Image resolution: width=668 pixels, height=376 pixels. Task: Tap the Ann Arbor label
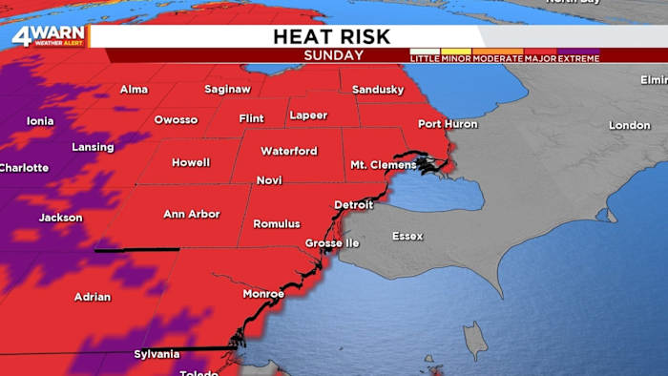point(192,214)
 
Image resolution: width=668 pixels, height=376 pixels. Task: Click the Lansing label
point(93,147)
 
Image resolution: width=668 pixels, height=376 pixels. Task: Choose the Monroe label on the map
point(263,293)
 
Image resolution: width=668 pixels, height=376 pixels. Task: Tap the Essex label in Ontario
point(407,235)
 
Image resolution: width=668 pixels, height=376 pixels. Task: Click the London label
point(629,126)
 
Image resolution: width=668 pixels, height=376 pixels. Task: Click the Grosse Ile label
point(333,243)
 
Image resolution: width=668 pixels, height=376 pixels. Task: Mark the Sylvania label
point(156,354)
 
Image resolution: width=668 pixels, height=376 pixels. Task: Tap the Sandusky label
point(378,90)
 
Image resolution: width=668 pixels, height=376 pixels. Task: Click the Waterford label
point(288,151)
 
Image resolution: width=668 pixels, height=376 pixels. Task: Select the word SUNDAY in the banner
point(333,55)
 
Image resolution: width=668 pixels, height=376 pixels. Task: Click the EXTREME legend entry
point(579,58)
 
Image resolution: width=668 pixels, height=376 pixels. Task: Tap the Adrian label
point(93,297)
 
